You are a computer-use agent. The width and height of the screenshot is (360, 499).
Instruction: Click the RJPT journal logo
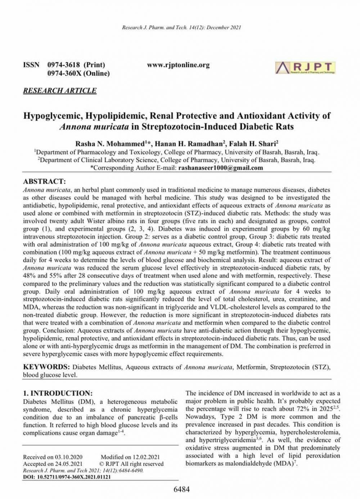[305, 68]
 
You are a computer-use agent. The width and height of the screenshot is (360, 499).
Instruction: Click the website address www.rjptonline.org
[178, 65]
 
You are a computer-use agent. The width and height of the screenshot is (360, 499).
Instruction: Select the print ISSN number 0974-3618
[64, 65]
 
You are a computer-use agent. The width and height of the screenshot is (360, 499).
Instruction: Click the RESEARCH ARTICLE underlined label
[60, 90]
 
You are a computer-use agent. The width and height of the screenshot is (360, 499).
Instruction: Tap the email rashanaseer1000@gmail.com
[221, 168]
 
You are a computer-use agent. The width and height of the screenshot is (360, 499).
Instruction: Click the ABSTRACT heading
[44, 181]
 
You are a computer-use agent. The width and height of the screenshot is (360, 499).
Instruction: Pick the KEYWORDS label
[46, 367]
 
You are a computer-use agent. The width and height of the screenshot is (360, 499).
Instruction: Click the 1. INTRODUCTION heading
[58, 393]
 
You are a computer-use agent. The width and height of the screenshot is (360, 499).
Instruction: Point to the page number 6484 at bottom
[181, 489]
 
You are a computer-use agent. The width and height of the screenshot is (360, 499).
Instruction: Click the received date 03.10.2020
[69, 457]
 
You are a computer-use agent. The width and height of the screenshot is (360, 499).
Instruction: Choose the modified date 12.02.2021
[146, 457]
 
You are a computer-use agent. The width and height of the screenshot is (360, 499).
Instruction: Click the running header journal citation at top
[181, 27]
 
